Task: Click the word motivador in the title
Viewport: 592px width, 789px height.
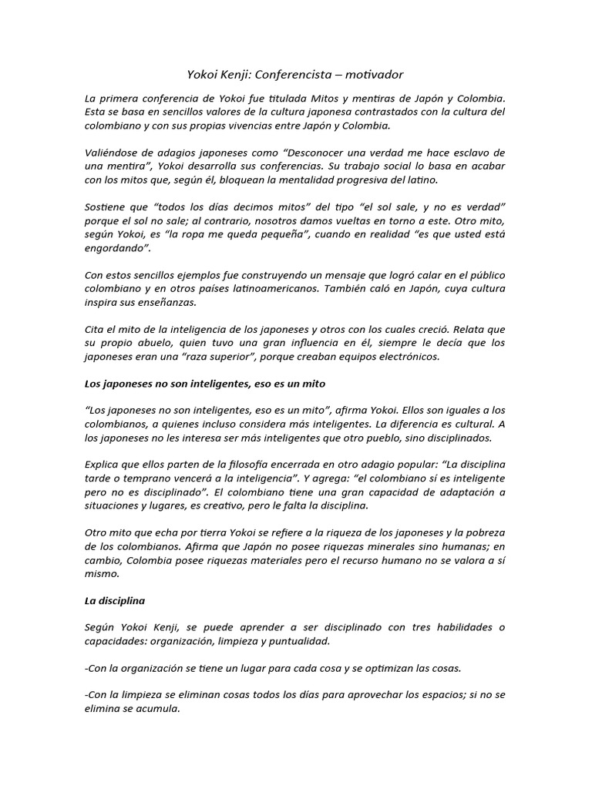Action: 375,75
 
